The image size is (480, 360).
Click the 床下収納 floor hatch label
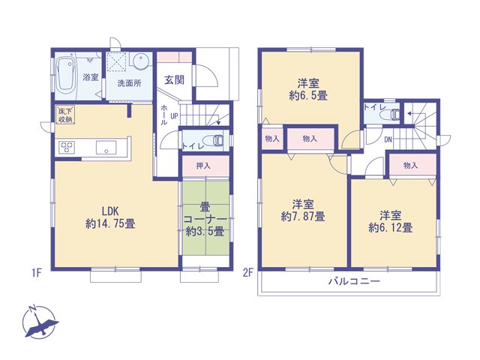pyautogui.click(x=65, y=115)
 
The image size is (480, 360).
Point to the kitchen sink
pyautogui.click(x=106, y=147)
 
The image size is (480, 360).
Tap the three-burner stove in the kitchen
pyautogui.click(x=67, y=147)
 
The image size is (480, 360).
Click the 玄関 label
pyautogui.click(x=175, y=80)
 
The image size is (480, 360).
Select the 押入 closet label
pyautogui.click(x=203, y=166)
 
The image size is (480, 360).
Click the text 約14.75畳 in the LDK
pyautogui.click(x=110, y=223)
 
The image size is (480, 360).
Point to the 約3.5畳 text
pyautogui.click(x=205, y=232)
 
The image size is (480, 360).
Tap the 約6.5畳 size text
pyautogui.click(x=308, y=95)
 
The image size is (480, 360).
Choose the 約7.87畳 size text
pyautogui.click(x=303, y=217)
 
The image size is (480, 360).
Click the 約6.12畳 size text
pyautogui.click(x=391, y=227)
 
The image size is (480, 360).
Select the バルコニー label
pyautogui.click(x=354, y=281)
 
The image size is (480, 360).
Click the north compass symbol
pyautogui.click(x=39, y=322)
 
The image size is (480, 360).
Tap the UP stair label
pyautogui.click(x=174, y=116)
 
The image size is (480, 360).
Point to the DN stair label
pyautogui.click(x=388, y=140)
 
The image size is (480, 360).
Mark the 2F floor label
pyautogui.click(x=248, y=273)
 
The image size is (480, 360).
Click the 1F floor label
pyautogui.click(x=37, y=273)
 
